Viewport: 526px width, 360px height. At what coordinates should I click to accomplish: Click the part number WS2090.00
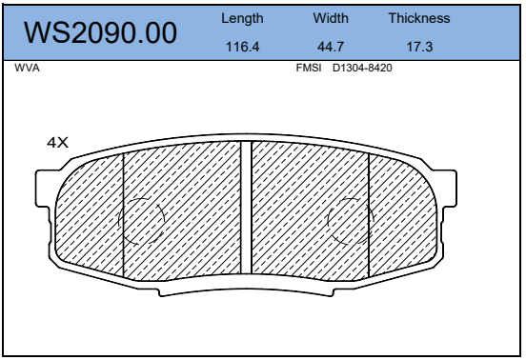click(100, 32)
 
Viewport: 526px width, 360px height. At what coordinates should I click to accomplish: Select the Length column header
click(242, 19)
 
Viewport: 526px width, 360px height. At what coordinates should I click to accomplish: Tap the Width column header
click(331, 18)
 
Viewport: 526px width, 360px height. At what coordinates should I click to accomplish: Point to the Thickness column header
click(419, 18)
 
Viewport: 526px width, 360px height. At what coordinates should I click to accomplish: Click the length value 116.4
click(243, 47)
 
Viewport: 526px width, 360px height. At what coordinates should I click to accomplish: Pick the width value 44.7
click(331, 47)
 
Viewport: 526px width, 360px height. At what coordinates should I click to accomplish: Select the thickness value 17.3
click(419, 47)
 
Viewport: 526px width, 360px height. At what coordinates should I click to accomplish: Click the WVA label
click(28, 68)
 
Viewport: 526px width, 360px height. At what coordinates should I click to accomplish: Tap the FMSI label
click(309, 68)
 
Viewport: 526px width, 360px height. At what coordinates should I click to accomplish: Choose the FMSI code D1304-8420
click(362, 68)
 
